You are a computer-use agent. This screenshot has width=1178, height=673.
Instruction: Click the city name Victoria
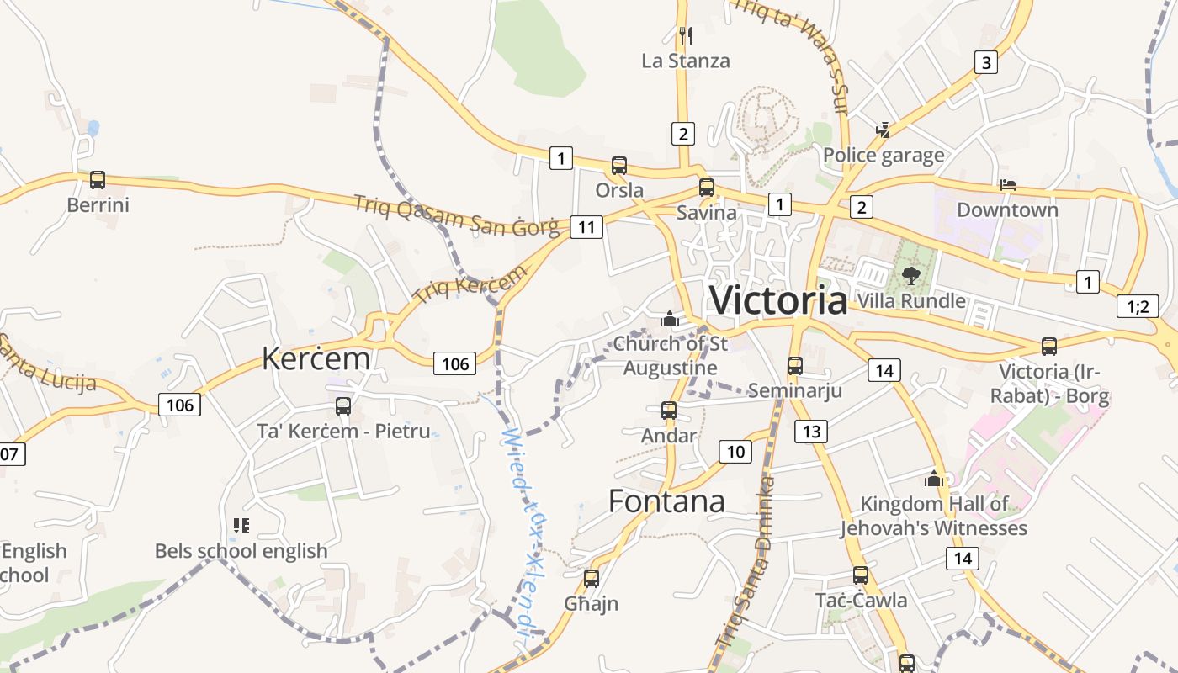778,300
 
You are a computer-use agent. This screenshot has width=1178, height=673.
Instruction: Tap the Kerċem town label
316,358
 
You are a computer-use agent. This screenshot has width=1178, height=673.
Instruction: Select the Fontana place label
666,501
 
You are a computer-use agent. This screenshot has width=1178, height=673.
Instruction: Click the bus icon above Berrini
98,179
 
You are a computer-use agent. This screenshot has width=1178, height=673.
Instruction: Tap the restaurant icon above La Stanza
685,35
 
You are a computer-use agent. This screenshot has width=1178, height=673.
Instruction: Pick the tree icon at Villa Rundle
910,274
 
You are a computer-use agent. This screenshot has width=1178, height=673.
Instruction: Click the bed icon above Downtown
1007,184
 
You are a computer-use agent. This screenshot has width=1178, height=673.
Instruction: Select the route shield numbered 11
586,226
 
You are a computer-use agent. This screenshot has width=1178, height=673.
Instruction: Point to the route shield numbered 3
986,61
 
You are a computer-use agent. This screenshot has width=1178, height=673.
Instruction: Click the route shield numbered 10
735,452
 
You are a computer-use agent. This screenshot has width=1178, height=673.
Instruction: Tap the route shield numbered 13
811,432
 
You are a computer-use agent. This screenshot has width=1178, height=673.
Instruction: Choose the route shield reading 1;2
1138,306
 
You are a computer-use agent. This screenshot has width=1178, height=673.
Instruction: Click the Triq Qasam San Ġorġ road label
456,215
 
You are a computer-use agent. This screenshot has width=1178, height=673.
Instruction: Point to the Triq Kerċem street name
470,284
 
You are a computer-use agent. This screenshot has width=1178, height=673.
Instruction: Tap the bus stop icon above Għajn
592,578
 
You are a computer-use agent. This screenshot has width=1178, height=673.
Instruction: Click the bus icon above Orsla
619,165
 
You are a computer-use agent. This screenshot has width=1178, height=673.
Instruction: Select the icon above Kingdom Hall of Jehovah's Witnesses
933,479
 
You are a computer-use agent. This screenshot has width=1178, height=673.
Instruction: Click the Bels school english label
241,551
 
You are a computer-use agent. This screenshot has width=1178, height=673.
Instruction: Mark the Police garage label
883,156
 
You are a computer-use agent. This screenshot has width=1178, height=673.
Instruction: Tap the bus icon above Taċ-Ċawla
861,575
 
